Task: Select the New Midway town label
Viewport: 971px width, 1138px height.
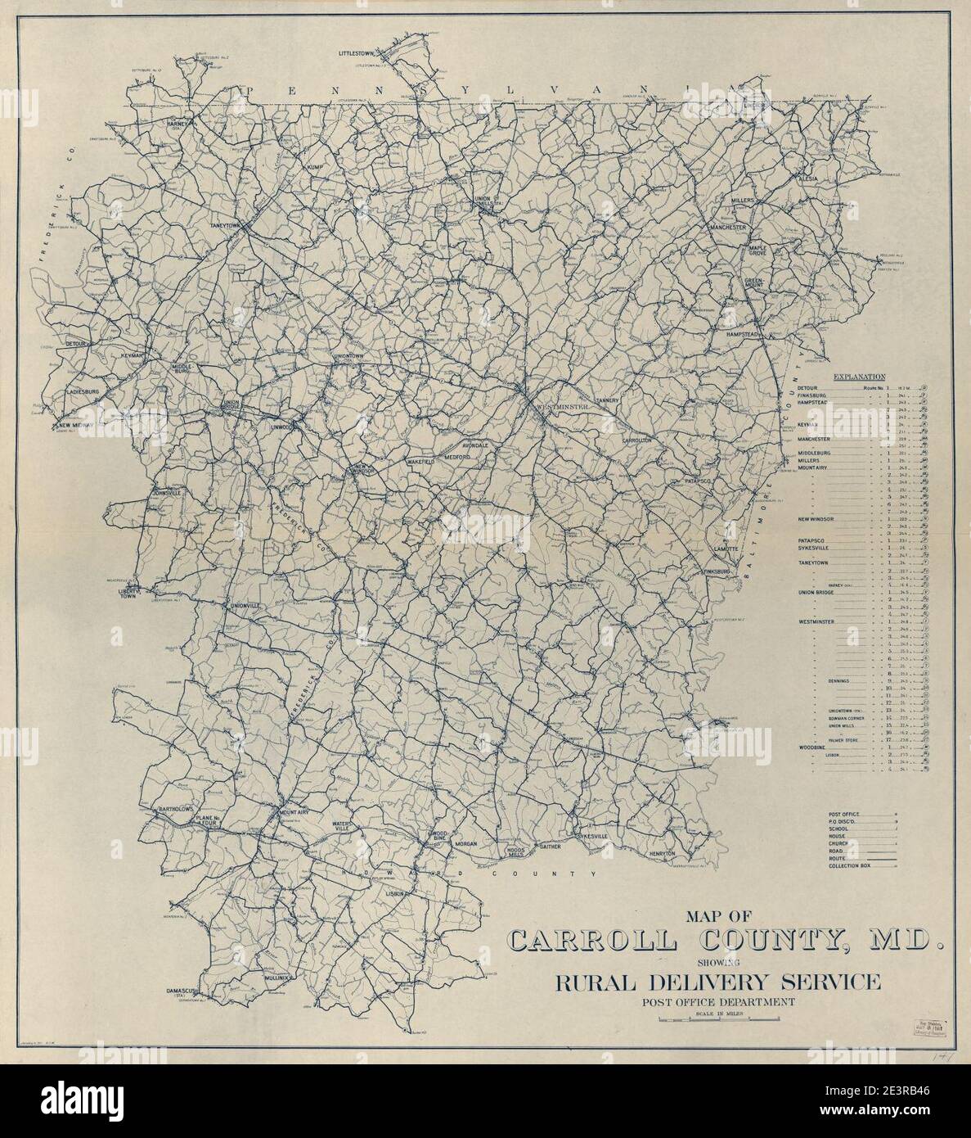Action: pos(75,426)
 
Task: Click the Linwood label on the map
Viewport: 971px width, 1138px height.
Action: pos(281,427)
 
